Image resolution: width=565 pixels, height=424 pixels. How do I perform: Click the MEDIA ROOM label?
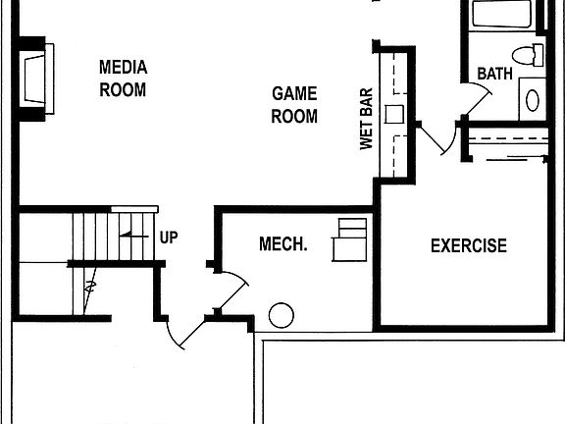124,79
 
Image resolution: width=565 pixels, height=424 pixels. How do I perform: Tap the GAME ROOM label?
294,105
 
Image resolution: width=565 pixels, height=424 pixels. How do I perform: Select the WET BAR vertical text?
366,119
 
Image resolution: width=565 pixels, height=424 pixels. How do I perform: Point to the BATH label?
494,74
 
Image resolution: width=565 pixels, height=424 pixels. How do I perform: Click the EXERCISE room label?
469,245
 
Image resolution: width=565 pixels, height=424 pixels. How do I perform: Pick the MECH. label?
283,244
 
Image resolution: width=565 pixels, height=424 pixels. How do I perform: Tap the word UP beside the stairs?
169,238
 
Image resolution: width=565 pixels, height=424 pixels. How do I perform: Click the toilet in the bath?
528,56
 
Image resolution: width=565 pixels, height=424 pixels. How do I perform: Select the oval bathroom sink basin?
533,100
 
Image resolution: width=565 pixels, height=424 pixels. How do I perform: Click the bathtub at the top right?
501,14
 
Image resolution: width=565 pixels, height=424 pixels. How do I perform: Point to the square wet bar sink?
394,114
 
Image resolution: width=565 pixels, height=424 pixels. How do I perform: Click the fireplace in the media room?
35,79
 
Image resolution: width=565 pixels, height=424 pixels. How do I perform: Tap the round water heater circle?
282,315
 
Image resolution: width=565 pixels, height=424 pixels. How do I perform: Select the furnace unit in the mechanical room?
349,239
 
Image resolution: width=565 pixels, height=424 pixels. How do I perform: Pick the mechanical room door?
232,290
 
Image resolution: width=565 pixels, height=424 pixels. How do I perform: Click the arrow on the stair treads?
134,236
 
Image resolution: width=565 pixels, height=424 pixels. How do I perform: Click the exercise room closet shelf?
509,138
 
